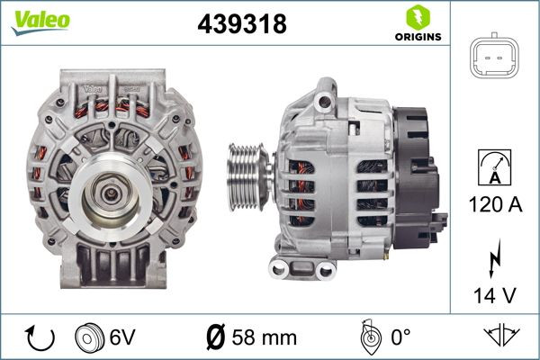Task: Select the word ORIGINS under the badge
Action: click(417, 38)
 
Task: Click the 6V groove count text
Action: click(123, 339)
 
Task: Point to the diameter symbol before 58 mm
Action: click(216, 339)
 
